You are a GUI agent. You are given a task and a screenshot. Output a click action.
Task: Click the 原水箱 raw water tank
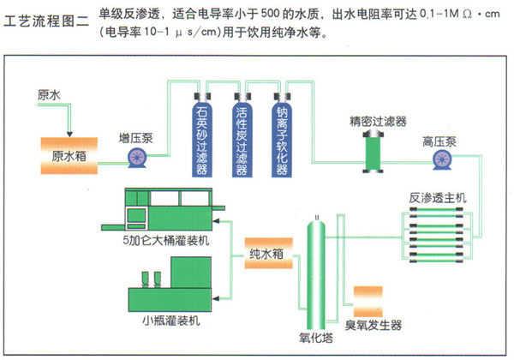click(x=69, y=156)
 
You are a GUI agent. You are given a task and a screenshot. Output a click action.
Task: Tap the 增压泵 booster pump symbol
click(x=137, y=158)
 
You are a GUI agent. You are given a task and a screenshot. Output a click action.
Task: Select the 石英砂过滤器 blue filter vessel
click(x=202, y=135)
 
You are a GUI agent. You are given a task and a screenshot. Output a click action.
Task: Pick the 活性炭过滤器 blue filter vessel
click(x=242, y=135)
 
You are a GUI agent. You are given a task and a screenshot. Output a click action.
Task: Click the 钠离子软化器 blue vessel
click(x=282, y=135)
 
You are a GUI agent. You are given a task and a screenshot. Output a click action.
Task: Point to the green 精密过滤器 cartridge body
click(x=374, y=152)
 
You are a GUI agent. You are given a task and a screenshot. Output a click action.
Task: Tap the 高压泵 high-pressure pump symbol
click(x=442, y=159)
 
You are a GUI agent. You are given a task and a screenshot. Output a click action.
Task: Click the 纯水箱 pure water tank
click(x=268, y=254)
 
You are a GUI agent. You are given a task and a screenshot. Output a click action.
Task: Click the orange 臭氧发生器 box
click(x=368, y=302)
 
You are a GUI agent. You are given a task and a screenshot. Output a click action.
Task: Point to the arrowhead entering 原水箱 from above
click(x=69, y=134)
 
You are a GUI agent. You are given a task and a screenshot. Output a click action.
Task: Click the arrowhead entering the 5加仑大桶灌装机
click(x=216, y=221)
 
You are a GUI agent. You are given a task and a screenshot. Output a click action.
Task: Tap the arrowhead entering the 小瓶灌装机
click(x=216, y=298)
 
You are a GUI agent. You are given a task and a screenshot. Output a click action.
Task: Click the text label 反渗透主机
click(x=437, y=198)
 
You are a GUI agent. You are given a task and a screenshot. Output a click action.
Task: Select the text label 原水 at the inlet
click(x=49, y=95)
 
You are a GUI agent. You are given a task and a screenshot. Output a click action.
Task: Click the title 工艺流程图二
click(x=46, y=21)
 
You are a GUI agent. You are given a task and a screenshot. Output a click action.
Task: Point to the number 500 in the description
click(x=270, y=14)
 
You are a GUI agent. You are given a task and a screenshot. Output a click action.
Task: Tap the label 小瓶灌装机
click(x=171, y=321)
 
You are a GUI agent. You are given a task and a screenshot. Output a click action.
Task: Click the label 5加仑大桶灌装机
click(x=166, y=241)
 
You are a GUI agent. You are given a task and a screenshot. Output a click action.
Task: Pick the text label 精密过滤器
click(x=378, y=122)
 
